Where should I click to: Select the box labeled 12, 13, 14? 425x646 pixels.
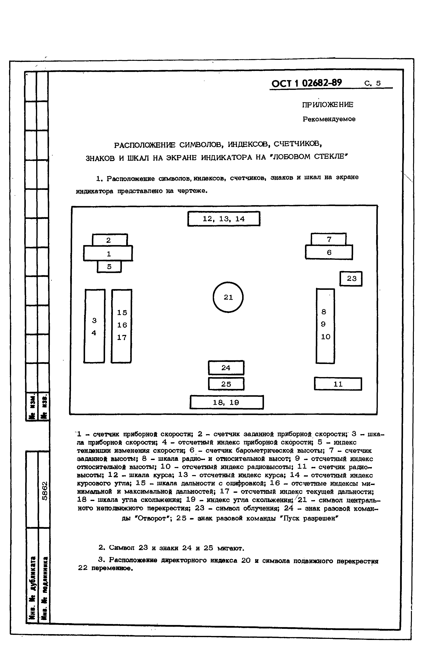(224, 219)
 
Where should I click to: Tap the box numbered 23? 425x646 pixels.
(351, 278)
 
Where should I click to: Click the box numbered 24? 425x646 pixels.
(226, 368)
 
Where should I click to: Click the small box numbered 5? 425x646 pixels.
(109, 267)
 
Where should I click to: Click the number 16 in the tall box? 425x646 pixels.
(122, 325)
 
